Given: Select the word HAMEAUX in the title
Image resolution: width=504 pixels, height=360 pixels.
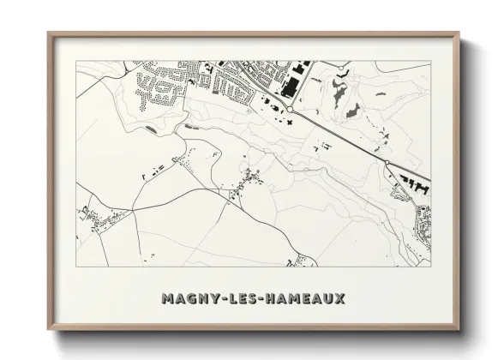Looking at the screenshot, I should tap(303, 299).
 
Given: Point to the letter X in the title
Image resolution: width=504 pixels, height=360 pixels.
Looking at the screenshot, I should tap(339, 299).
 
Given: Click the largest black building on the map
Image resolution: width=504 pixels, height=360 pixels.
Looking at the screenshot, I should tap(285, 85).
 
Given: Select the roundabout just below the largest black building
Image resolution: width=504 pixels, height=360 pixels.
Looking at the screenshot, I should tap(291, 109).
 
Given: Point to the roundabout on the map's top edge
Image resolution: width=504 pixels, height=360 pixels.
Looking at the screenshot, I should tap(343, 64).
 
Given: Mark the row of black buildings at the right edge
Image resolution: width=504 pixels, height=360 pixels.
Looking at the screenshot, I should tap(411, 179).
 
